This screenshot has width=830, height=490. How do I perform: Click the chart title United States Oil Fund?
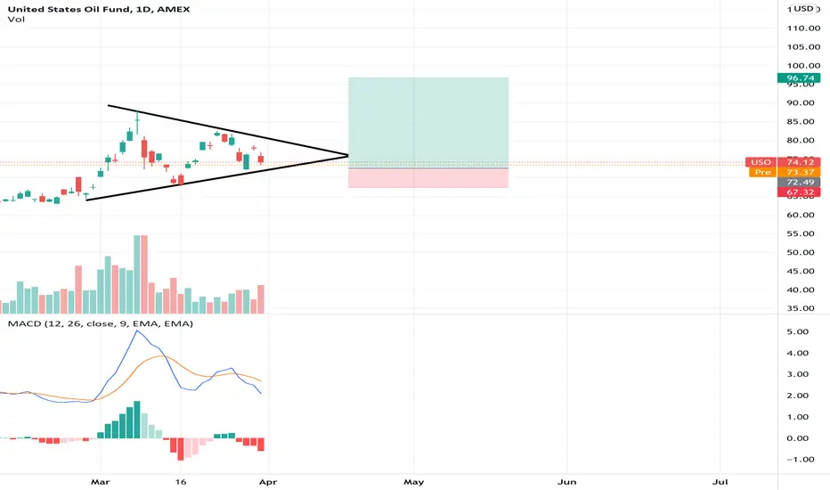tap(68, 9)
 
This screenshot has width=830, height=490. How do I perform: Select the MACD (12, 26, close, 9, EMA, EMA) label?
tap(100, 323)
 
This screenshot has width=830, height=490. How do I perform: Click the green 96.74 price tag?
tap(799, 78)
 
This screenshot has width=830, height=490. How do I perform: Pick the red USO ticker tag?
tap(761, 162)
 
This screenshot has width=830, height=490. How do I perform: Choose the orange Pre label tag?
tap(763, 172)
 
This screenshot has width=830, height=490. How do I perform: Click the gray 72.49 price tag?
tap(799, 183)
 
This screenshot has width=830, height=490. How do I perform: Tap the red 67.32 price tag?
tap(799, 192)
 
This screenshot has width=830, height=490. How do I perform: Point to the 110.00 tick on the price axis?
tap(801, 29)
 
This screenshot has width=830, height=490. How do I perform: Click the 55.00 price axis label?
tap(801, 233)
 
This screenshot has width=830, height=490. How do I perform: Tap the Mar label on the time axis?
tap(100, 482)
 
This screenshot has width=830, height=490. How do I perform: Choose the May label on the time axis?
tap(414, 482)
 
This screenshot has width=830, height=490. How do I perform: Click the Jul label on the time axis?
tap(720, 482)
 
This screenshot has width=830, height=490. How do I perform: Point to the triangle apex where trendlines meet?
tap(348, 155)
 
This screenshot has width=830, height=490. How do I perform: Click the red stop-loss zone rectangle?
tap(428, 178)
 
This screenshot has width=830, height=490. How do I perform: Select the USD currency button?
tap(803, 9)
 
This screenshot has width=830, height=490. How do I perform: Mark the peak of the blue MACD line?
tap(137, 331)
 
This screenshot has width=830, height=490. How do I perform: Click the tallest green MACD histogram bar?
tap(137, 420)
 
